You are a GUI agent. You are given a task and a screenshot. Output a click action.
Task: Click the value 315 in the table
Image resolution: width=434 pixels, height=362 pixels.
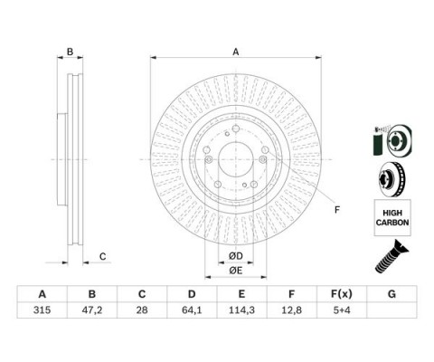pos(42,310)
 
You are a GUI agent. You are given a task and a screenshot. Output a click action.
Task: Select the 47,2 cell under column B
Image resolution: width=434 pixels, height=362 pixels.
pos(92,310)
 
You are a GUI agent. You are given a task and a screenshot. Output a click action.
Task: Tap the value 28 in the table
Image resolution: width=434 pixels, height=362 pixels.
pos(142,310)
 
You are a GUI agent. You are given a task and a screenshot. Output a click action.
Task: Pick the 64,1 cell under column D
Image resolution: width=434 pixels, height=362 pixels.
pos(192,310)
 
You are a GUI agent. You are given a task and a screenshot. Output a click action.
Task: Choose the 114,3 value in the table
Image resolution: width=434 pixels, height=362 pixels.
pos(241,310)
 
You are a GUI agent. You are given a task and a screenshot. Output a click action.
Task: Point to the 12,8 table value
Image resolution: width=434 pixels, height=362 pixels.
pos(291,310)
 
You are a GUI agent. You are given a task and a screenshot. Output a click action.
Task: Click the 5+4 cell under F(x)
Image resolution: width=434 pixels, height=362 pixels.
pos(342,310)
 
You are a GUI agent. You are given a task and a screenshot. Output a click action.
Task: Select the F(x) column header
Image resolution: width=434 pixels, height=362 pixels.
pos(342,294)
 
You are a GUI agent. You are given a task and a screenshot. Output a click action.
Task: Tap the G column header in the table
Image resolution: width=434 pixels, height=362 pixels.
pos(392,294)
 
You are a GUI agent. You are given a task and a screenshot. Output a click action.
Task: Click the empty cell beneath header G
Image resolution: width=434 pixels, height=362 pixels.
pos(392,310)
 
